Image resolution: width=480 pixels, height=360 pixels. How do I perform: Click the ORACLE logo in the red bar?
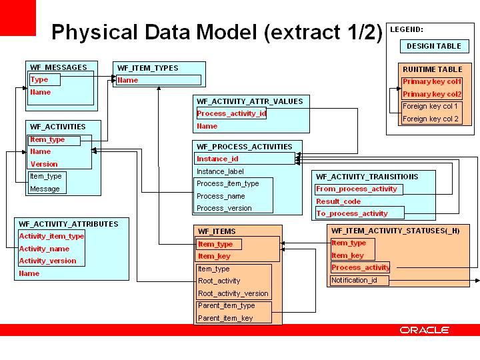tap(425, 330)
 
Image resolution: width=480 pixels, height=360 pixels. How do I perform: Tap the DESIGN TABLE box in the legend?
tap(433, 47)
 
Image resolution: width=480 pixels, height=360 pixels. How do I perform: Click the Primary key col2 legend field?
tap(432, 94)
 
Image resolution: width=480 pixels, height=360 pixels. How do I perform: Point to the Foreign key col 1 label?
tap(430, 107)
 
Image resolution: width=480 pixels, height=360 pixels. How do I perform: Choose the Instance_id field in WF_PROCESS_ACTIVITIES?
tap(217, 159)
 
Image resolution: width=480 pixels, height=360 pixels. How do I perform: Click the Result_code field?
tap(338, 201)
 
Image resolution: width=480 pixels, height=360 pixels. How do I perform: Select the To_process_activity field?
tap(352, 213)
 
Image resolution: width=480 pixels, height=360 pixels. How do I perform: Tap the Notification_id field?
tap(354, 280)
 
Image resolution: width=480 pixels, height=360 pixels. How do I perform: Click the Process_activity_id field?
tap(231, 113)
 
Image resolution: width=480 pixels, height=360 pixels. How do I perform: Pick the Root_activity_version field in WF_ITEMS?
tap(233, 293)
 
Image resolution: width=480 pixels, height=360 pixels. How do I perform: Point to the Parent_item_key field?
tap(225, 318)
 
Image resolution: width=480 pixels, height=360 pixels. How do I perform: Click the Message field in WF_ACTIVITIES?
tap(45, 189)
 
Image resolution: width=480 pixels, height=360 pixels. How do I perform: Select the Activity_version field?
tap(47, 261)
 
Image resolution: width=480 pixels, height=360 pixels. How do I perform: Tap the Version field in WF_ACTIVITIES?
tap(44, 164)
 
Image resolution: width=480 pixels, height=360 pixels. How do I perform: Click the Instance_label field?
tap(220, 171)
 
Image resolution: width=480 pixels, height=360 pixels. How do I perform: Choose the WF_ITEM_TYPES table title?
tap(147, 68)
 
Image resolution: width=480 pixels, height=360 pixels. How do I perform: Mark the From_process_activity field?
tap(357, 189)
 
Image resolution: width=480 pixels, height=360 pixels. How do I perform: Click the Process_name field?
tap(221, 196)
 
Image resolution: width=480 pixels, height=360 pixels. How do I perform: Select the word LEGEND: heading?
tap(407, 29)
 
